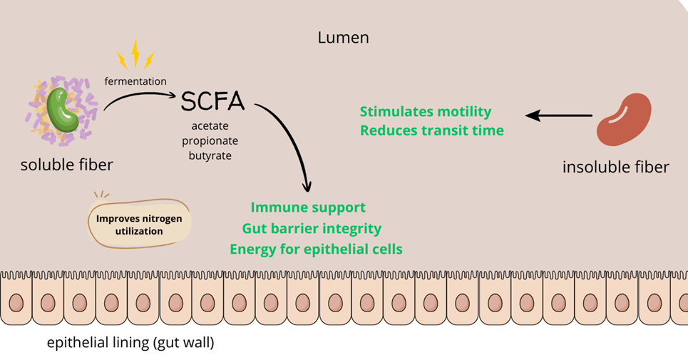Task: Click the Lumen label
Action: (x=343, y=38)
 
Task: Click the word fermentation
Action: (x=135, y=81)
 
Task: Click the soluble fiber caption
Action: (x=66, y=165)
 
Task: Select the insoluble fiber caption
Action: (x=616, y=168)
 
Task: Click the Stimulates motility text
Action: (x=426, y=112)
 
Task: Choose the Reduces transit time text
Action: (x=432, y=130)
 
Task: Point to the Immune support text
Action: (x=308, y=207)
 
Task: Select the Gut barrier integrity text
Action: (x=312, y=229)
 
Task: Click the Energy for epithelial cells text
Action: (x=316, y=250)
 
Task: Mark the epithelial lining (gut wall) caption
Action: (x=130, y=343)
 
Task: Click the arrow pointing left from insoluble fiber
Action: (x=559, y=115)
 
